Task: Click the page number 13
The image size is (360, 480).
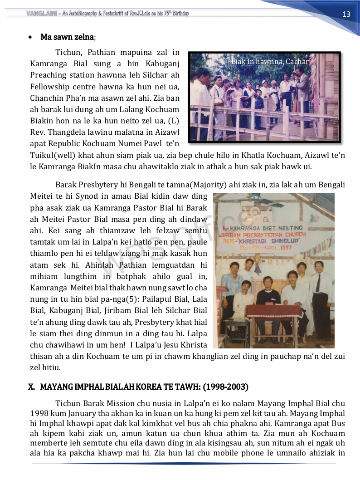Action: [346, 14]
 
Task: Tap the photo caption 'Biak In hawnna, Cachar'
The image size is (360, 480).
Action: [270, 61]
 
